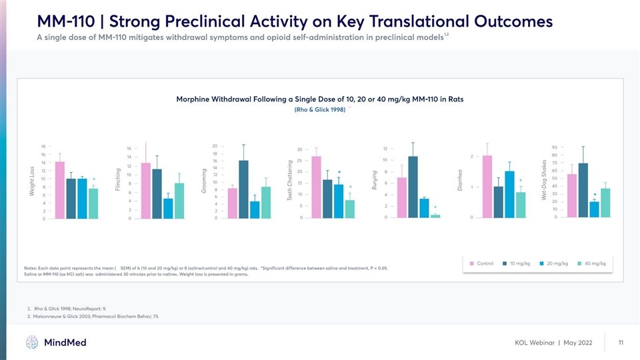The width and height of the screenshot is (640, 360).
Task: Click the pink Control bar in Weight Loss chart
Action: click(x=60, y=190)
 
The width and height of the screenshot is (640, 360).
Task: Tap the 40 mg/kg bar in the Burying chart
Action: click(x=435, y=216)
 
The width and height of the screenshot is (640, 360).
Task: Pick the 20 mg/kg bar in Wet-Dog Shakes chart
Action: click(x=594, y=209)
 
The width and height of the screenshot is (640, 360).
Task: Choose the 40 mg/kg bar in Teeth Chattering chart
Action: click(x=350, y=209)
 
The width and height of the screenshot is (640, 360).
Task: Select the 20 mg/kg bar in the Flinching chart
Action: click(x=168, y=208)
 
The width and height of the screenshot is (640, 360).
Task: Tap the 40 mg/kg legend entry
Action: click(x=589, y=263)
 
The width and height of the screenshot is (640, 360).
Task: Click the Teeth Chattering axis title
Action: click(x=290, y=179)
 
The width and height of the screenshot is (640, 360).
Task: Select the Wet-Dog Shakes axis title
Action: click(x=545, y=178)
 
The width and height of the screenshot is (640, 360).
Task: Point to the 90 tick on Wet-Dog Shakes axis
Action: click(x=555, y=147)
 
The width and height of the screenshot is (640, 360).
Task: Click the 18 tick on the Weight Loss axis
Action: click(x=43, y=146)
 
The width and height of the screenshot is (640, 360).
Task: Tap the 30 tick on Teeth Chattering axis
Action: click(x=300, y=149)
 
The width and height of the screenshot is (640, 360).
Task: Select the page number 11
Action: click(x=621, y=343)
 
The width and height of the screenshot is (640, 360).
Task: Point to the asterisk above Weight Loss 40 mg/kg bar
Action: click(x=95, y=179)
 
